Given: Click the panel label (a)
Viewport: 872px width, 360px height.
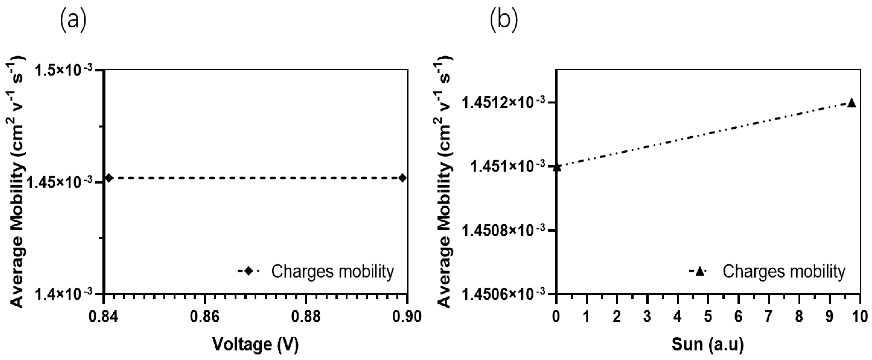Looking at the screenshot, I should [73, 20].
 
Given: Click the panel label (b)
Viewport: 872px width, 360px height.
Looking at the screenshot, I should [504, 20].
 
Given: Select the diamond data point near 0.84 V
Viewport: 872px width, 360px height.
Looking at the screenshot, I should [109, 178].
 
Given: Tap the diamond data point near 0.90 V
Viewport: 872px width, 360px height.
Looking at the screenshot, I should [402, 178].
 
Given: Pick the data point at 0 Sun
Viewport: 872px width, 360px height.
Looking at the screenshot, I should [557, 167].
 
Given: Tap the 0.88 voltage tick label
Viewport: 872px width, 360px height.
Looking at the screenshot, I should [306, 317].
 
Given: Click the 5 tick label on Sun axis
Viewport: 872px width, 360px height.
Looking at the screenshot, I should [708, 317].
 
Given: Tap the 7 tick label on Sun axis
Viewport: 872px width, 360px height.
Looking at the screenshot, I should [768, 317].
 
